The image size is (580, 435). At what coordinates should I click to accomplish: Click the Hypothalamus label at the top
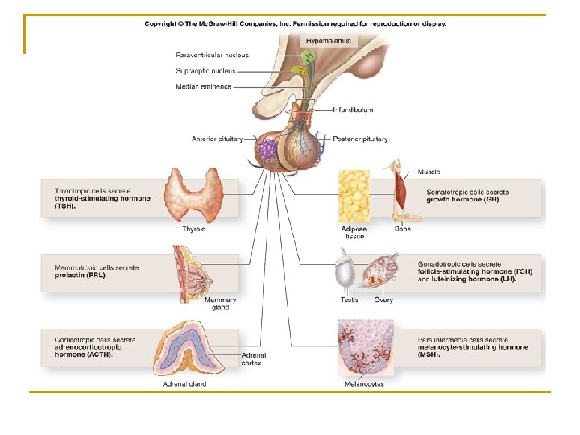point(327,40)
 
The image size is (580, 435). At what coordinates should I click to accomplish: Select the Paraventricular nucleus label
point(213,55)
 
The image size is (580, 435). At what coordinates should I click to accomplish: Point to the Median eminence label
point(204,86)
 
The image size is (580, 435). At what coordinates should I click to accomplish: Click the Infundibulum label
point(354,110)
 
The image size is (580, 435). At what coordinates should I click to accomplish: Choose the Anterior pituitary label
point(217,139)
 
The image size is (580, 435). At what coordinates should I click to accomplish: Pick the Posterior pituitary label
point(360,139)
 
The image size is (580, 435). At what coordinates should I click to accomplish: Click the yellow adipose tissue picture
point(354,195)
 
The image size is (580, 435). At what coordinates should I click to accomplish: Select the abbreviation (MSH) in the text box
point(429,354)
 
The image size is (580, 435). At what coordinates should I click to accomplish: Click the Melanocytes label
point(364,384)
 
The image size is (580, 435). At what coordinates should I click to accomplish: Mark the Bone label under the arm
point(403,229)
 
